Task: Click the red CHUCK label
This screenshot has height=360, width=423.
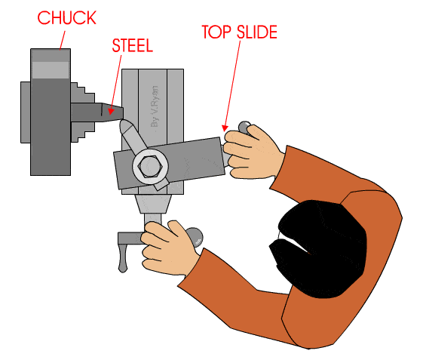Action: (x=66, y=18)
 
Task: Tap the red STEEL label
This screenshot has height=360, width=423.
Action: (x=132, y=45)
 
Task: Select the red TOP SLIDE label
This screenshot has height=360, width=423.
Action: (x=240, y=32)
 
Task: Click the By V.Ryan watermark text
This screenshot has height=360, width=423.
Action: (x=155, y=106)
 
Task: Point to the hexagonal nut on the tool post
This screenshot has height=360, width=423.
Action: (x=150, y=166)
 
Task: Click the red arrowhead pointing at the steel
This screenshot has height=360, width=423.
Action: (x=110, y=111)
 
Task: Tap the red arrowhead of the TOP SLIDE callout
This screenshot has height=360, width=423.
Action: (x=225, y=128)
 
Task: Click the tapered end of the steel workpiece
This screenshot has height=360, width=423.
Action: (x=112, y=112)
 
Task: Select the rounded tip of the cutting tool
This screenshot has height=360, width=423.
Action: (x=125, y=125)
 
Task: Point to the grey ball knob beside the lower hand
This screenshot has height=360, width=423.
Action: (x=195, y=237)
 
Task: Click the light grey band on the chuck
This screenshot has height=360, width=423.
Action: (x=51, y=70)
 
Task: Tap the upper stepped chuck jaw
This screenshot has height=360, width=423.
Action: (x=83, y=93)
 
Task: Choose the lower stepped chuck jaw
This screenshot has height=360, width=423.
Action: (x=83, y=132)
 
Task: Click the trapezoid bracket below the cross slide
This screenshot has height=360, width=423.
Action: (x=153, y=204)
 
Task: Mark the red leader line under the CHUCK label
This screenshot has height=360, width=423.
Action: (x=63, y=40)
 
